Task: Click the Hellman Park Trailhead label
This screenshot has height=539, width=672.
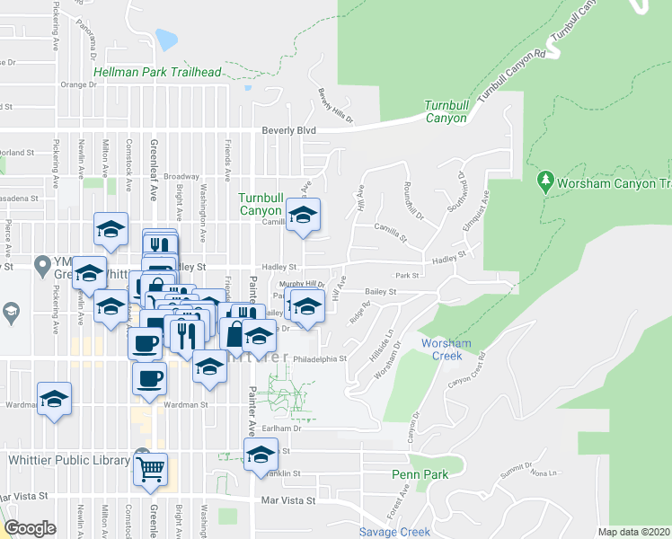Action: click(x=157, y=72)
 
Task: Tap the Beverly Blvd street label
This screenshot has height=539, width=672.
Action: click(x=289, y=130)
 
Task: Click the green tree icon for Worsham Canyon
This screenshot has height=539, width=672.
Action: click(x=544, y=181)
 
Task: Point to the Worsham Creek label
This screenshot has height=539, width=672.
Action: click(x=443, y=349)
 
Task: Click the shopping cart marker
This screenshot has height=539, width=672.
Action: click(x=151, y=468)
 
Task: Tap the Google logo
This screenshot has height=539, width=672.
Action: click(x=30, y=528)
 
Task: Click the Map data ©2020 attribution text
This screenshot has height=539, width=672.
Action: click(x=633, y=532)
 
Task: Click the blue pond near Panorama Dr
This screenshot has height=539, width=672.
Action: click(x=166, y=40)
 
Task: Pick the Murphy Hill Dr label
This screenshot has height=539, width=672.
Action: click(x=302, y=284)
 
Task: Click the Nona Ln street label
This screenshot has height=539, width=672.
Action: click(x=544, y=473)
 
